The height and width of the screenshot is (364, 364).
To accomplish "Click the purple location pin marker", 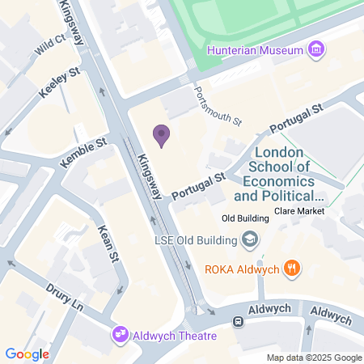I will point(162,136).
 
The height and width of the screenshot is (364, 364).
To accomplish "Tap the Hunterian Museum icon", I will point(316,50).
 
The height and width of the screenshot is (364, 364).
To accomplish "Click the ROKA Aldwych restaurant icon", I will point(293,268).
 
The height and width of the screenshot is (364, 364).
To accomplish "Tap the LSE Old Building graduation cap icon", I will point(251,239).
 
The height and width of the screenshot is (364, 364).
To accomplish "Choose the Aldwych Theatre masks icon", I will point(121,334).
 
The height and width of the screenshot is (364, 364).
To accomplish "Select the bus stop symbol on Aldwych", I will point(239,321).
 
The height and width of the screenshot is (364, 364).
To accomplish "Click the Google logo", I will point(27,353).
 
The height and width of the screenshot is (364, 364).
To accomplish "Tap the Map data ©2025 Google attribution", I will point(315,358).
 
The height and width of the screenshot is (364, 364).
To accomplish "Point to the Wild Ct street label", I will point(49,46).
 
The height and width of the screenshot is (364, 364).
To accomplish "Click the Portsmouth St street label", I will point(218,108).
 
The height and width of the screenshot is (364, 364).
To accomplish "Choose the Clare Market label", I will point(299,211).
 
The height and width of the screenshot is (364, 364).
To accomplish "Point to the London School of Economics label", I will point(278,174).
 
